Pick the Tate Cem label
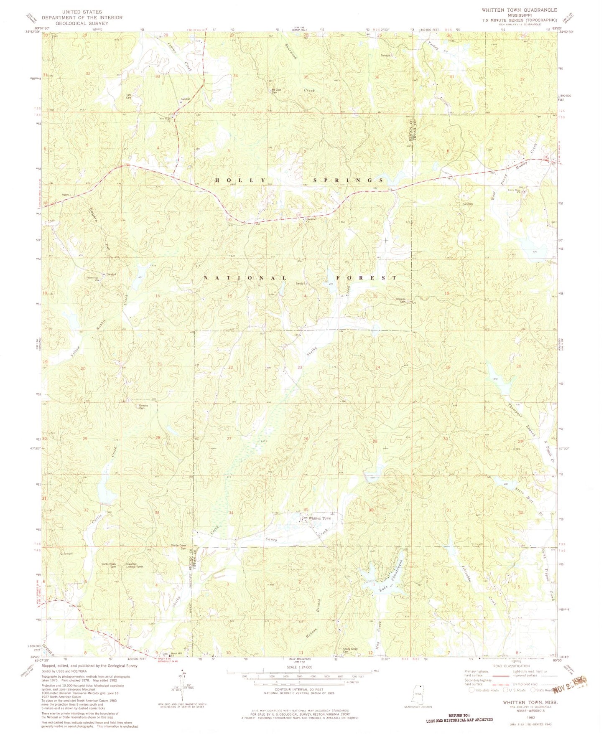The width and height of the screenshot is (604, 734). click(129, 96)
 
